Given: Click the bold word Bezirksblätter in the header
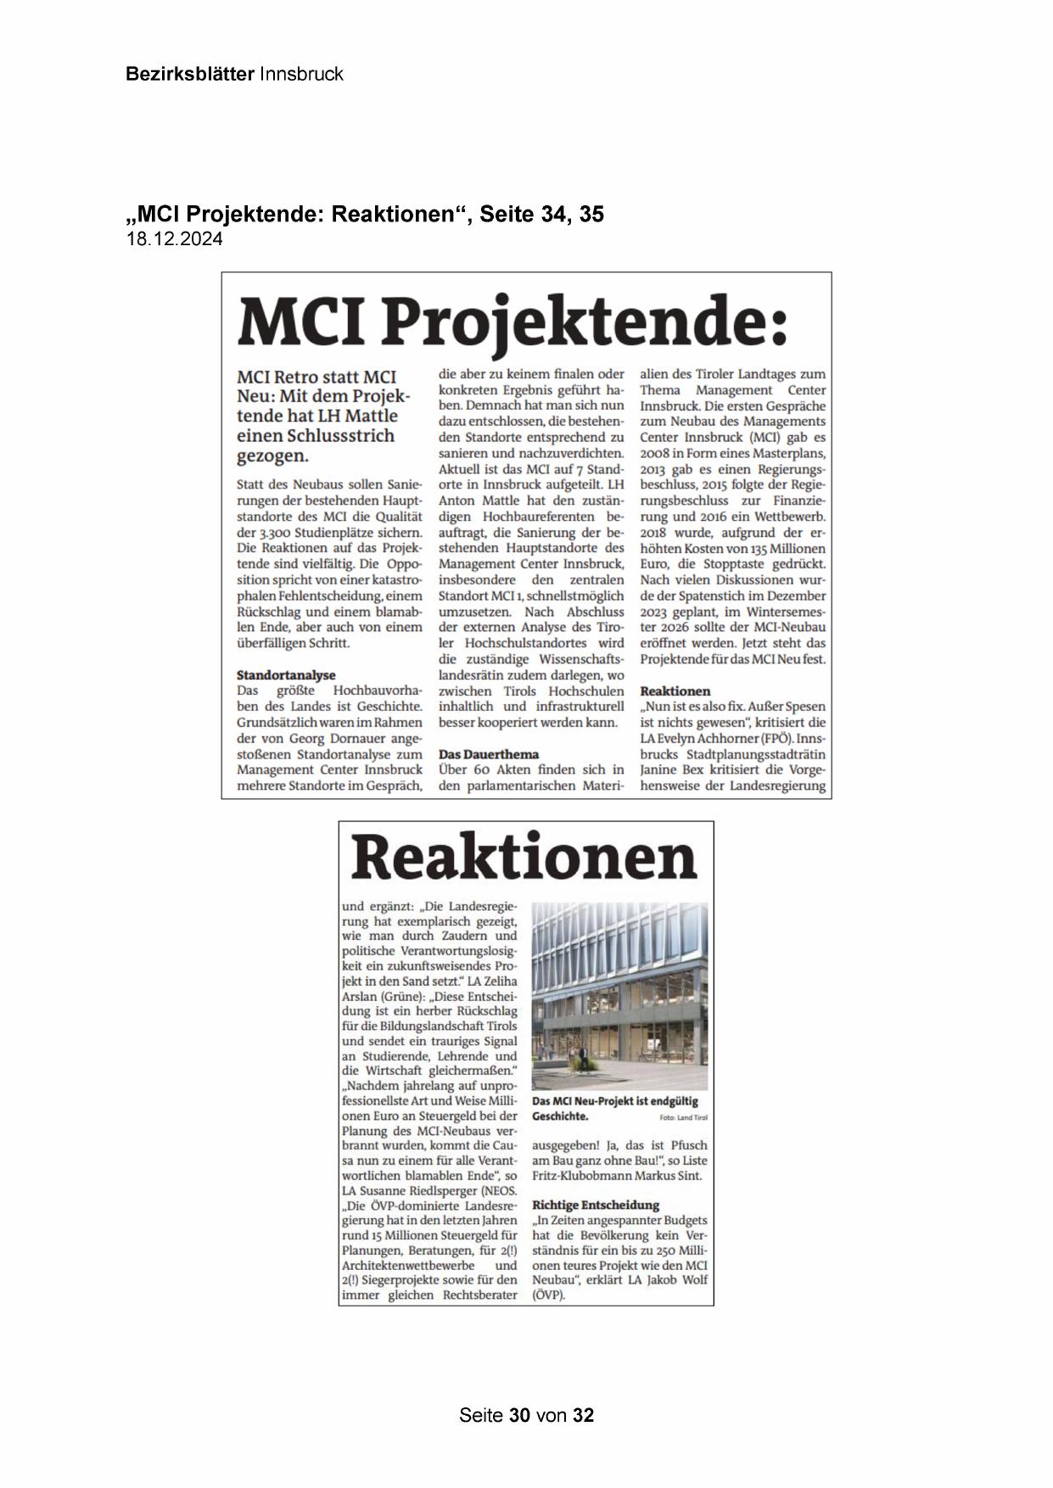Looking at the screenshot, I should tap(189, 74).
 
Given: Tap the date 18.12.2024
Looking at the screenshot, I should tap(175, 239).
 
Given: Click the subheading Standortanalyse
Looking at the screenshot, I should tap(286, 675).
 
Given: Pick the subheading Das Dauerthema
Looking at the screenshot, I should tap(489, 754).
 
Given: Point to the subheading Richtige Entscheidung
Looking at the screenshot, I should tap(596, 1205).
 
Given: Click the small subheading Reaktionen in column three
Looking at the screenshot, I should tap(675, 691).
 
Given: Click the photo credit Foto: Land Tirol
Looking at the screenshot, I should tap(683, 1118).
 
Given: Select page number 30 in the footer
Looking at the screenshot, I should tap(519, 1415).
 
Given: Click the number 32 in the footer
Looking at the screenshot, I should tap(583, 1415).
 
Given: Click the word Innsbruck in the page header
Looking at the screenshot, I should tap(301, 74).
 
